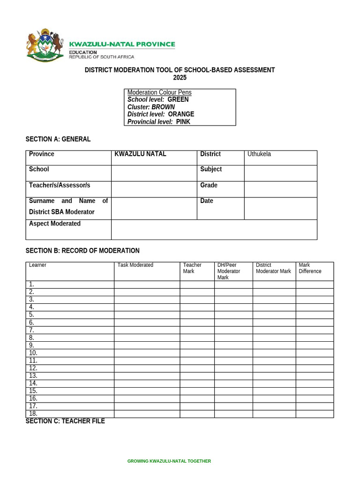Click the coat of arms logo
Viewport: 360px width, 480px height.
(x=45, y=47)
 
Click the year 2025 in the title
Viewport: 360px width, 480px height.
(x=180, y=78)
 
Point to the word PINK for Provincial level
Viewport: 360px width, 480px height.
(x=183, y=122)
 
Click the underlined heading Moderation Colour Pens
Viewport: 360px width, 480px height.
(x=159, y=92)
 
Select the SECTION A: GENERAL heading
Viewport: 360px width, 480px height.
(x=58, y=139)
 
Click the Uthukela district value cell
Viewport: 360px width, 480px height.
(x=280, y=158)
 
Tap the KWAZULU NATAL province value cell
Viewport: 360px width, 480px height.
(x=154, y=158)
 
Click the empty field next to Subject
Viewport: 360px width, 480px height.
(x=280, y=173)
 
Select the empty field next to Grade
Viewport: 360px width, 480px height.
(x=280, y=189)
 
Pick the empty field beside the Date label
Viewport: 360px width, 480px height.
(x=280, y=208)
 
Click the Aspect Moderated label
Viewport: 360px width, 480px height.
(x=55, y=224)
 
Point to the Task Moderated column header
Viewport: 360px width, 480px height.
(x=135, y=265)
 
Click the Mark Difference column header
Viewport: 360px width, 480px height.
(x=310, y=268)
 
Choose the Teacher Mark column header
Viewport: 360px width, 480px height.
(x=192, y=268)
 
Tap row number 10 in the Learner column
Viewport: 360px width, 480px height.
(x=33, y=353)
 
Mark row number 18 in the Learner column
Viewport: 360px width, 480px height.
(x=33, y=414)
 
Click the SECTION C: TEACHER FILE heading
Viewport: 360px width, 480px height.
(x=65, y=421)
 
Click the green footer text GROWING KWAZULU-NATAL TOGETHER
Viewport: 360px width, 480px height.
(x=169, y=461)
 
